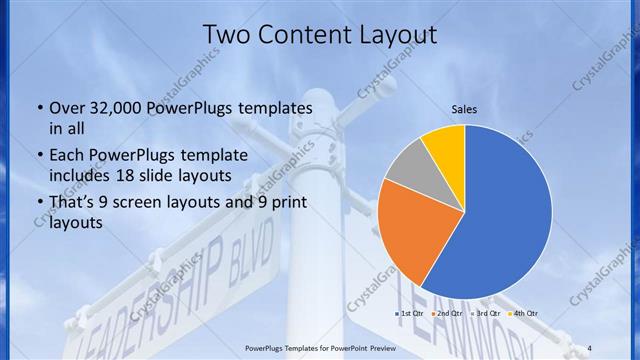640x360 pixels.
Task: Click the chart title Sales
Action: coord(464,108)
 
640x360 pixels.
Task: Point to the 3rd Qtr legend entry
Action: coord(486,314)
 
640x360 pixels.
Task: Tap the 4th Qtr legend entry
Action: coord(523,314)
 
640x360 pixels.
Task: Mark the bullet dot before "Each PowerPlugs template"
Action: coord(39,157)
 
